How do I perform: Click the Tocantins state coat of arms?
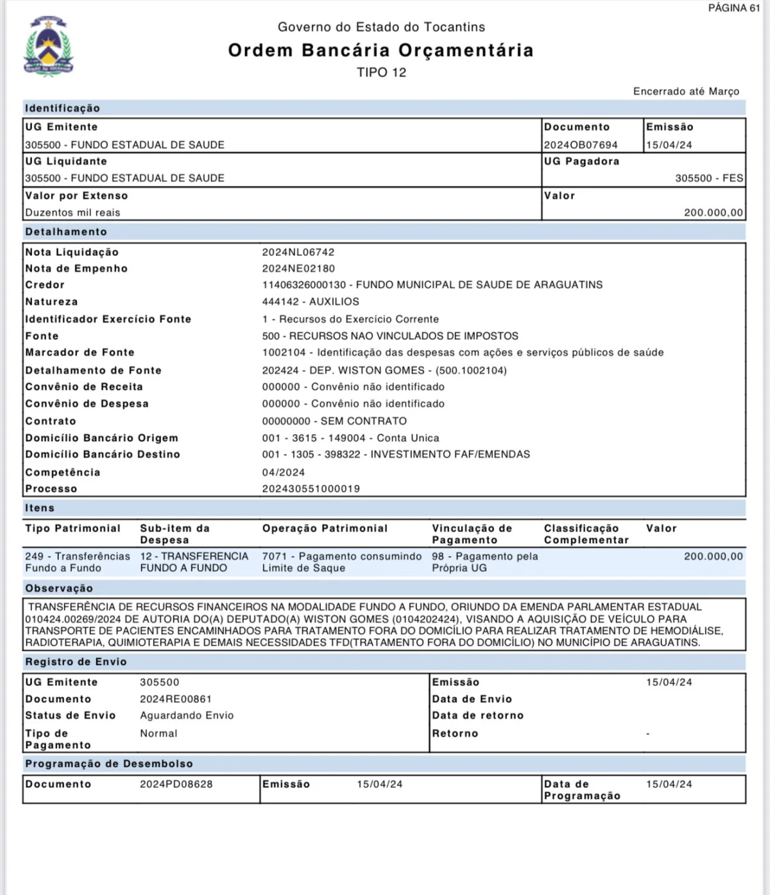point(48,48)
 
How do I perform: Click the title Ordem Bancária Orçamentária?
point(381,50)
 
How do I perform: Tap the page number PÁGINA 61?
point(734,8)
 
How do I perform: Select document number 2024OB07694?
point(581,145)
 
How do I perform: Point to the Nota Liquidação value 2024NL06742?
point(298,252)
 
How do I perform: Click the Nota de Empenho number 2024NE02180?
point(298,269)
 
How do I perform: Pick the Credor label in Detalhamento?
point(45,285)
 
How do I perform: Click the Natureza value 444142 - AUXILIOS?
point(311,301)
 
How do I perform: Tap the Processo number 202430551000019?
point(311,489)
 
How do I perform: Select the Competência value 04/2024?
point(284,473)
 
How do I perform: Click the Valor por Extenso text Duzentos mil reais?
point(73,212)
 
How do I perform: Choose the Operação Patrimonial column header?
point(325,528)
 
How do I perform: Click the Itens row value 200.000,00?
point(713,556)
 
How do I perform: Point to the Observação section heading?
point(59,589)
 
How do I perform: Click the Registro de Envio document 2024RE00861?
point(176,699)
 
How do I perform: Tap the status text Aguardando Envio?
point(187,715)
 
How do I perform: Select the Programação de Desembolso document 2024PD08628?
point(176,784)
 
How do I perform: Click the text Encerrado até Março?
point(686,91)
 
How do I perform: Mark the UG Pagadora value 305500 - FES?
point(708,178)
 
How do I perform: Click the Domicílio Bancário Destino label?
point(103,455)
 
